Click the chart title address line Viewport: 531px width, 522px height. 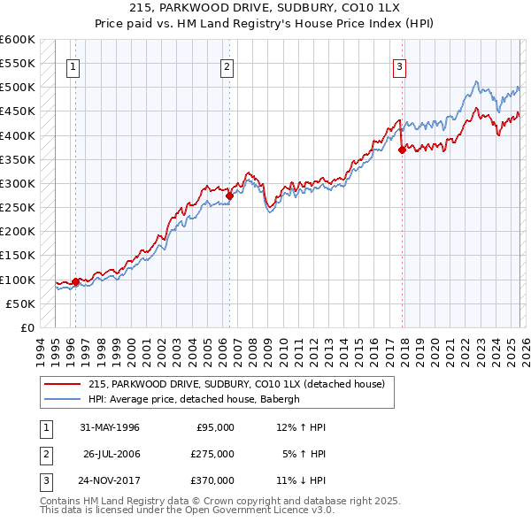point(265,8)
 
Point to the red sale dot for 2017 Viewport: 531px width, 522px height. point(403,150)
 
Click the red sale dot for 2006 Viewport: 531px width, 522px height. point(229,196)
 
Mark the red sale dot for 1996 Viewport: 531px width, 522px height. point(76,282)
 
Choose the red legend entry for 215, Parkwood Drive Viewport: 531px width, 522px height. point(235,385)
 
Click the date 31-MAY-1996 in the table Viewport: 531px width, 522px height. point(110,427)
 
